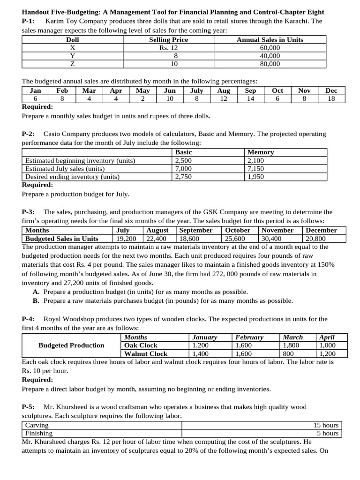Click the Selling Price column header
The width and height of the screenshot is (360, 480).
coord(168,40)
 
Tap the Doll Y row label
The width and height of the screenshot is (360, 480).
coord(72,56)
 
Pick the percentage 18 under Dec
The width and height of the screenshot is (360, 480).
coord(331,98)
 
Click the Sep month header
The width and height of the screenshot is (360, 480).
coord(251,90)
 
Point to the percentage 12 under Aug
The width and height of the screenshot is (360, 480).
coord(223,98)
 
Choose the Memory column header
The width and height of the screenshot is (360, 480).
coord(261,152)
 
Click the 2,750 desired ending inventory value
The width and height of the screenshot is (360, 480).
coord(183,177)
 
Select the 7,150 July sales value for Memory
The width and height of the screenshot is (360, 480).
coord(255,169)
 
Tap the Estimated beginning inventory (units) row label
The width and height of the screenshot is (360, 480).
coord(80,161)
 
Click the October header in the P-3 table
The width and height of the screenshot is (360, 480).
coord(238,230)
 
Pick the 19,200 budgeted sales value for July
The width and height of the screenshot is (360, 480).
coord(126,239)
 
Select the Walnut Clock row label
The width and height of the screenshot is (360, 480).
coord(146,354)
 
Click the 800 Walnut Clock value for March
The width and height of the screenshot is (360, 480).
coord(289,354)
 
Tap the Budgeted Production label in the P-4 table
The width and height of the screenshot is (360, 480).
coord(71,345)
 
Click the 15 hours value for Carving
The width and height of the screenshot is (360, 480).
coord(326,425)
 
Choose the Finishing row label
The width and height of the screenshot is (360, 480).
coord(39,433)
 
